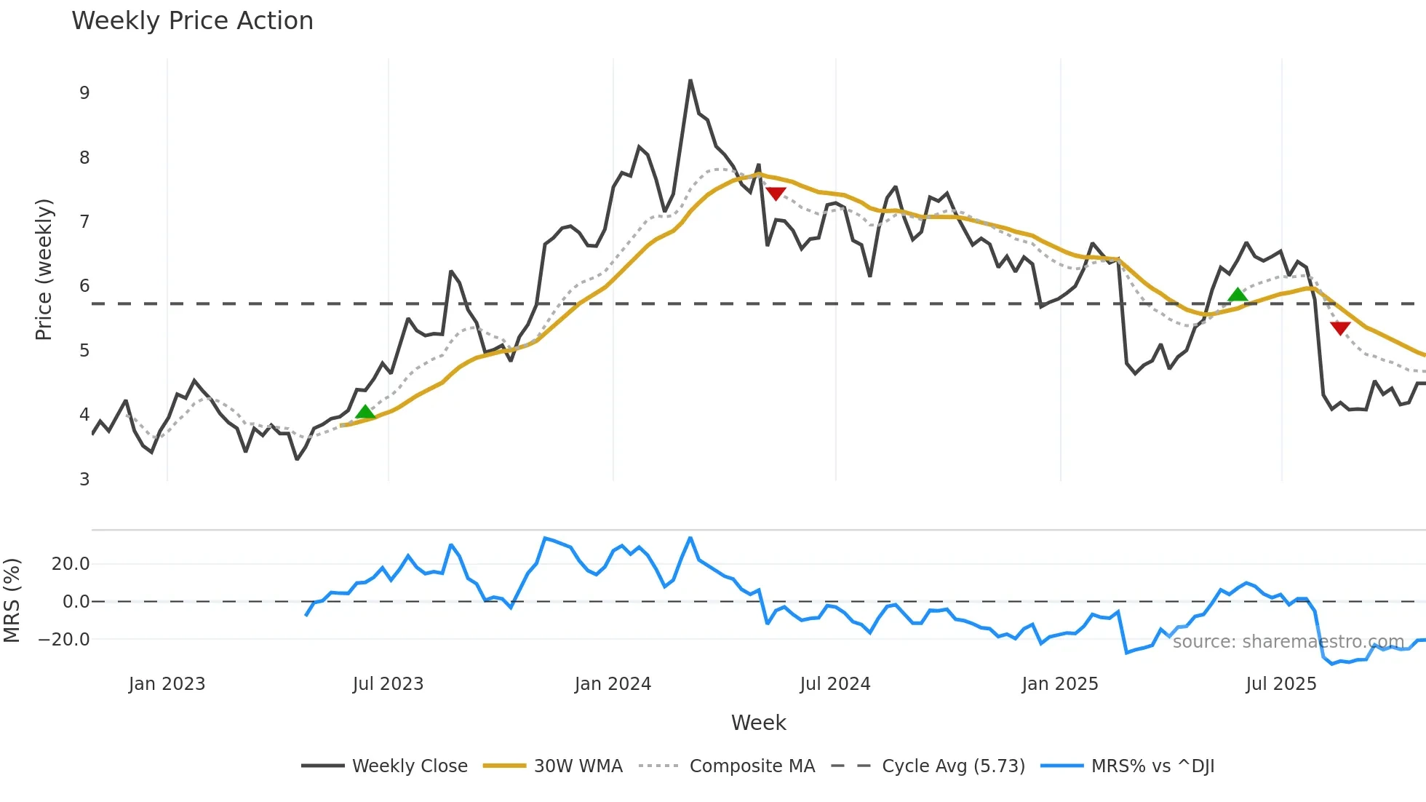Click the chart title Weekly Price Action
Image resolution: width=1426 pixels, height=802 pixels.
point(192,21)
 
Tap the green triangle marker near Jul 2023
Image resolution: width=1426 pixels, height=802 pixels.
point(365,413)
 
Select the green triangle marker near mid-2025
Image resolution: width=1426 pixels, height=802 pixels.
point(1238,295)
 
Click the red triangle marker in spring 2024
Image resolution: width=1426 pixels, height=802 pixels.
point(776,194)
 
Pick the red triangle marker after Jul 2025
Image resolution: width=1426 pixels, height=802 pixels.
point(1340,328)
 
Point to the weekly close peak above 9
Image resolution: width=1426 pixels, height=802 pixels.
point(690,81)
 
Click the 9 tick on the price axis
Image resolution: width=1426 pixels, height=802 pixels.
point(85,93)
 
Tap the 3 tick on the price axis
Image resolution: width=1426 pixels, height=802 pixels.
point(85,480)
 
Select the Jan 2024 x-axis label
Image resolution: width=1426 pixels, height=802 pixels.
point(613,684)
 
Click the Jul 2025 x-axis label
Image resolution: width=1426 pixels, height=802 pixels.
point(1281,684)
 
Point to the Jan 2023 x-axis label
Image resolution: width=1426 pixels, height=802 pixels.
point(167,684)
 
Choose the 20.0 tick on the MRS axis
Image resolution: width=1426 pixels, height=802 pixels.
point(71,564)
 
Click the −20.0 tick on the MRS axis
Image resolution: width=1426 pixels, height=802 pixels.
point(64,640)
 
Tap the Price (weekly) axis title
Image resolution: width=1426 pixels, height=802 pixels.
point(44,269)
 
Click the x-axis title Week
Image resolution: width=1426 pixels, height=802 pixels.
point(758,723)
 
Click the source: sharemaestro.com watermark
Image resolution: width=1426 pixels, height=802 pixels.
point(1288,642)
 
